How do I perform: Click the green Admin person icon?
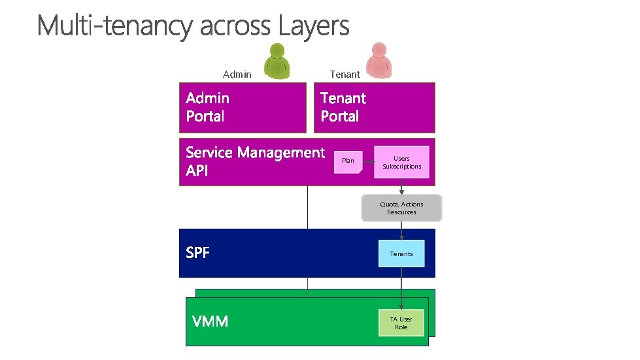(277, 61)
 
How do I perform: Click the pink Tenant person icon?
(379, 61)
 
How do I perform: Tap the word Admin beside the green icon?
(237, 74)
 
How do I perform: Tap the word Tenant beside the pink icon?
(345, 74)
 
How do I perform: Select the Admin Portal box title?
(208, 107)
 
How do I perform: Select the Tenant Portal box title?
(343, 107)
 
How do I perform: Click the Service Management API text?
(254, 161)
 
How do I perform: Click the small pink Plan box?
(348, 161)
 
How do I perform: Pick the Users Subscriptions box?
(401, 162)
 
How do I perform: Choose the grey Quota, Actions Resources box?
(401, 208)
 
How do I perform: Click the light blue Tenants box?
(401, 254)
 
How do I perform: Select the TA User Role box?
(401, 323)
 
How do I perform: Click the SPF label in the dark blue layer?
(198, 253)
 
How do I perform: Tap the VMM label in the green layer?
(210, 321)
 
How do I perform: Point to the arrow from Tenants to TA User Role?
(401, 287)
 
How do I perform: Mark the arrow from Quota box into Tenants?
(401, 231)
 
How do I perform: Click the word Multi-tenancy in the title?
(115, 27)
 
